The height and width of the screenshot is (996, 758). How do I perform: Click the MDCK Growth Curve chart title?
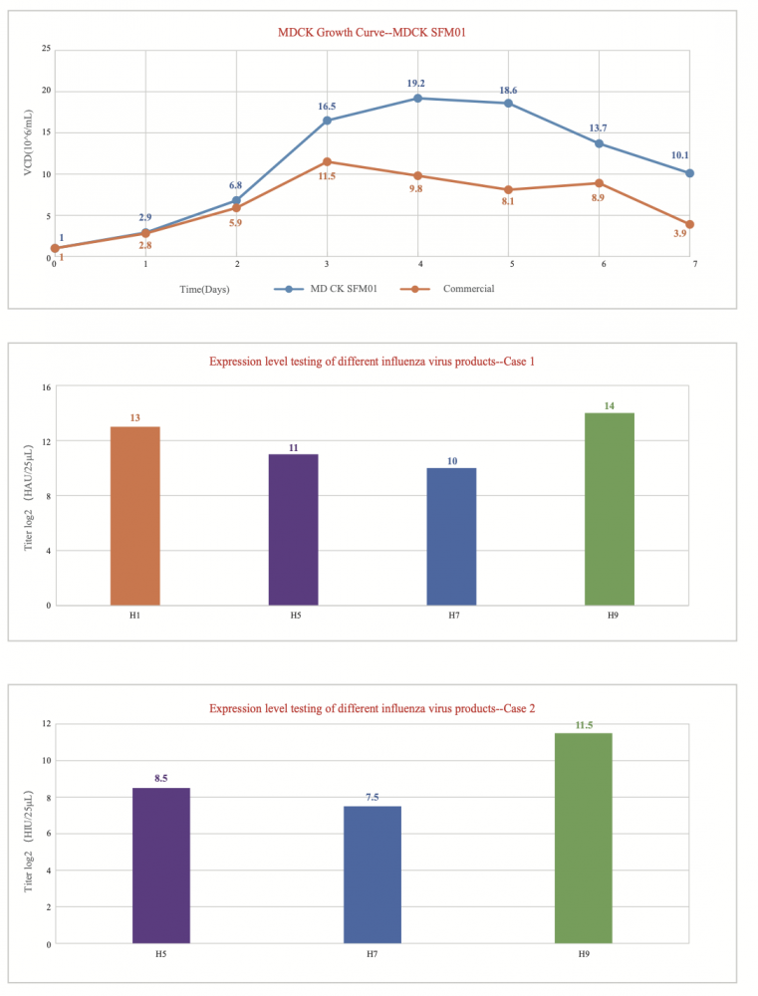[x=372, y=32]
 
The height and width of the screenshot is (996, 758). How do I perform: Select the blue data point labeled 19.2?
[x=417, y=98]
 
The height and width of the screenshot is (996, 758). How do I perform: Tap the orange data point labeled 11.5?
[x=327, y=161]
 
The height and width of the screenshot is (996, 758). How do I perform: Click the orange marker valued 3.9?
[x=690, y=224]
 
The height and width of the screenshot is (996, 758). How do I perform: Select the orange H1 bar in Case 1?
[x=134, y=515]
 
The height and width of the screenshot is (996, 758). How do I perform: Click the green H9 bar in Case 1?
[x=610, y=508]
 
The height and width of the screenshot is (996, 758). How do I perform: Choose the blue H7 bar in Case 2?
[x=373, y=873]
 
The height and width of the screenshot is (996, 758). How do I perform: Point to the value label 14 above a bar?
[x=610, y=405]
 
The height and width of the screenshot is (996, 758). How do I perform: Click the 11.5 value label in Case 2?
[x=584, y=725]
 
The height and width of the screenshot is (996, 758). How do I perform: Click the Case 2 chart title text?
[x=372, y=708]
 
